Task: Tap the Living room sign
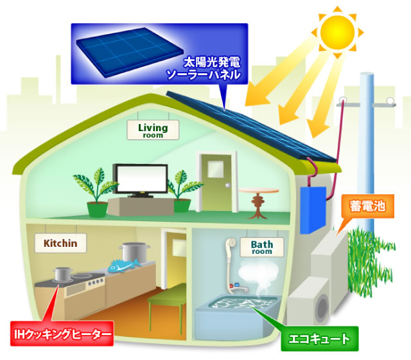[x=153, y=130]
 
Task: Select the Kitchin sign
[x=60, y=244]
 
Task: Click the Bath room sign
[x=261, y=248]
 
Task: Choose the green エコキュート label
[x=320, y=338]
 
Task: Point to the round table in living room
[x=259, y=199]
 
